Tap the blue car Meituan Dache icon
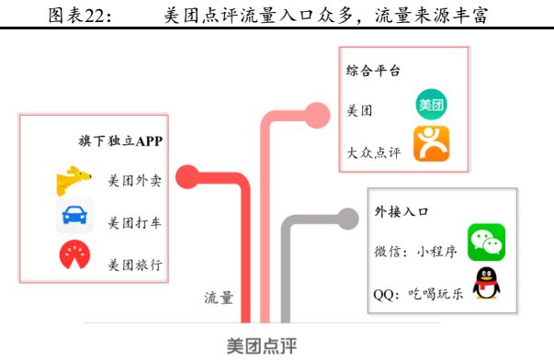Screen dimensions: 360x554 (73, 219)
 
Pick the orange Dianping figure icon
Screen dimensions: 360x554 (430, 144)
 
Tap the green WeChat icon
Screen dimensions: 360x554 (487, 242)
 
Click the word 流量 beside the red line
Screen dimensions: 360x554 (219, 298)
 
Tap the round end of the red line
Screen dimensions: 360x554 (187, 174)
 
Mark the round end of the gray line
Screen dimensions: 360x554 (348, 218)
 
